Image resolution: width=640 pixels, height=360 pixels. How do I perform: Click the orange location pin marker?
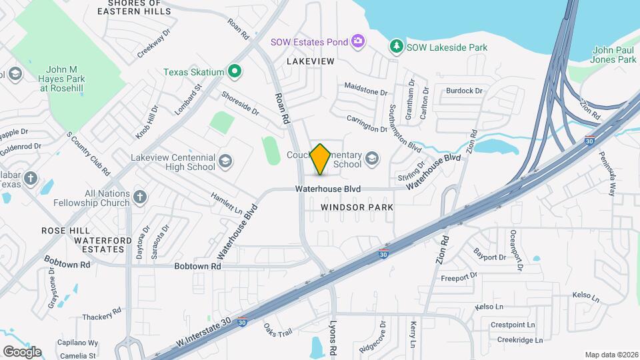click(321, 159)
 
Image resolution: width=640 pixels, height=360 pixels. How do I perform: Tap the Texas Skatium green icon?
click(234, 71)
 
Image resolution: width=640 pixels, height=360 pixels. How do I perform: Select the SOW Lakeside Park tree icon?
click(397, 46)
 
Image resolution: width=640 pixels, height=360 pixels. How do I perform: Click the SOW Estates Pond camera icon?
click(358, 41)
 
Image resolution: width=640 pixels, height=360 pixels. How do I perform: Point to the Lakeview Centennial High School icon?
click(225, 161)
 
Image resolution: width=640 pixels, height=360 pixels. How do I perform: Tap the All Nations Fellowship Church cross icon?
click(139, 196)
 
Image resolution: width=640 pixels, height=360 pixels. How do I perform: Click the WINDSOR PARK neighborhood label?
click(357, 207)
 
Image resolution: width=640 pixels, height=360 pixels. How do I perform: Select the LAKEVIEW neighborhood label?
click(310, 61)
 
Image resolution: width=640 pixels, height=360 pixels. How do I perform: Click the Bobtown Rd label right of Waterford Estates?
click(197, 266)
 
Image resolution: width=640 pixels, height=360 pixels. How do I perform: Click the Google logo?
click(22, 351)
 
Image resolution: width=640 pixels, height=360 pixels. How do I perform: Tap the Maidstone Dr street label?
click(365, 89)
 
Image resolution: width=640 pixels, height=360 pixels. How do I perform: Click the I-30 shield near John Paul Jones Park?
click(589, 141)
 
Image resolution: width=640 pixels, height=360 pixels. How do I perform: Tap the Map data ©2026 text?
click(611, 354)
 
